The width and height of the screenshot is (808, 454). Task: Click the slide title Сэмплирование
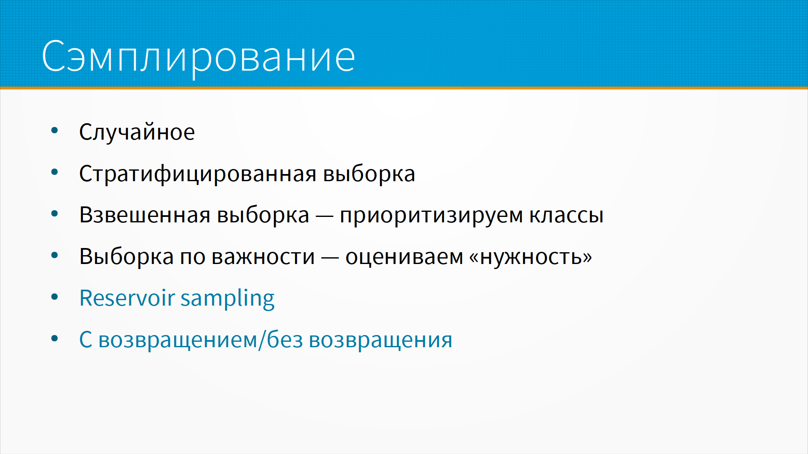tap(199, 57)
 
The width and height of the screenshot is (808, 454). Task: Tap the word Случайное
tap(137, 132)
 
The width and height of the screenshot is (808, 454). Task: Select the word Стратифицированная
tap(198, 174)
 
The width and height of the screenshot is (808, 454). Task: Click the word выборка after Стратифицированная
tap(369, 174)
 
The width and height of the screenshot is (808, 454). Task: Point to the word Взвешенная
tap(145, 215)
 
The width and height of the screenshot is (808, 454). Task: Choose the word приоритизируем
tap(431, 216)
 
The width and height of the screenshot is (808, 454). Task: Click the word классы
tap(566, 215)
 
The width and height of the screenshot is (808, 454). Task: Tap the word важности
tap(263, 256)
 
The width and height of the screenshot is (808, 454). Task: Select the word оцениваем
tap(404, 256)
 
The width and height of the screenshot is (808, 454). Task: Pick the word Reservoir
tap(127, 298)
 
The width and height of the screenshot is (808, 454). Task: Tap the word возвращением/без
tap(201, 340)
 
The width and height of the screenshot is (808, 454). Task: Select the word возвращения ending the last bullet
tap(380, 340)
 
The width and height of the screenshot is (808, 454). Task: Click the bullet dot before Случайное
tap(55, 130)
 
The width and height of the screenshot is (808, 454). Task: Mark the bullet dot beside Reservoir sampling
tap(55, 297)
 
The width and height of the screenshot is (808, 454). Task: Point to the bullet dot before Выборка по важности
tap(55, 255)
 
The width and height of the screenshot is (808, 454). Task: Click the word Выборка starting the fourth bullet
tap(127, 256)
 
